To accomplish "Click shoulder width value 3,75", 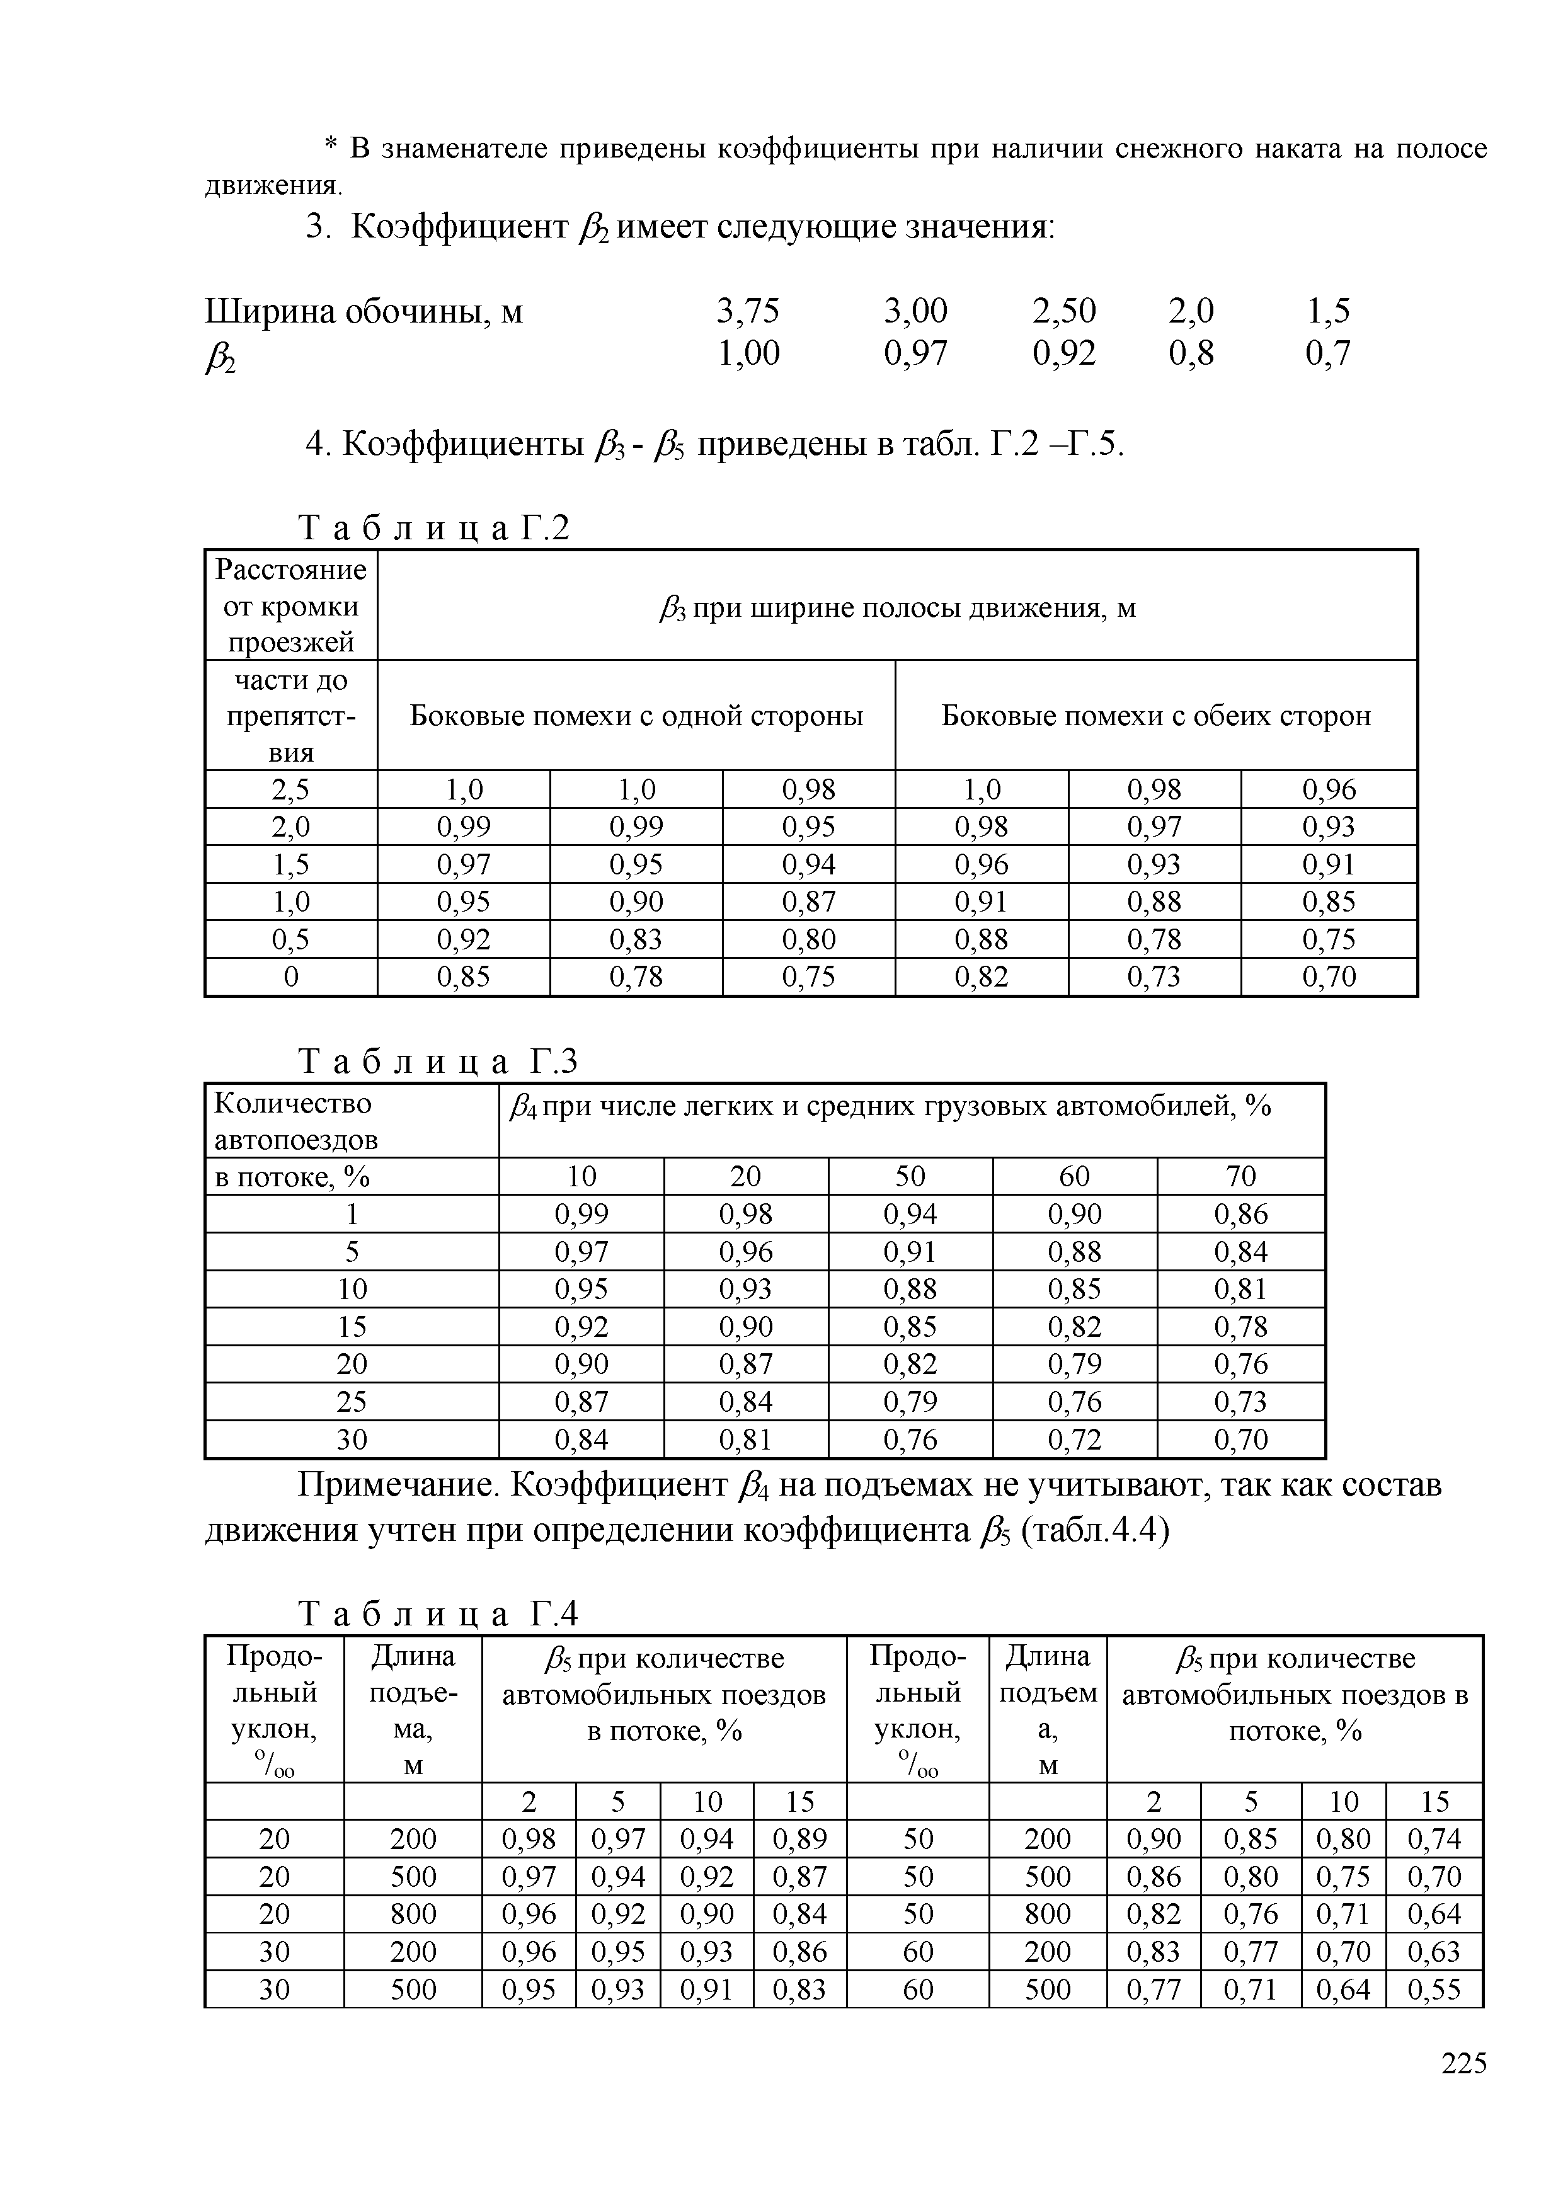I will coord(748,311).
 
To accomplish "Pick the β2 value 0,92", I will coord(1063,353).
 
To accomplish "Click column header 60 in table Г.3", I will coord(1074,1176).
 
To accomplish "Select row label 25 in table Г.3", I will coord(352,1402).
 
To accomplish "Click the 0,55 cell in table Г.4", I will coord(1434,1989).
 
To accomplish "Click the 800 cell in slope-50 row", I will coord(1047,1913).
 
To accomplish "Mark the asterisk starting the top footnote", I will coord(330,146).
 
